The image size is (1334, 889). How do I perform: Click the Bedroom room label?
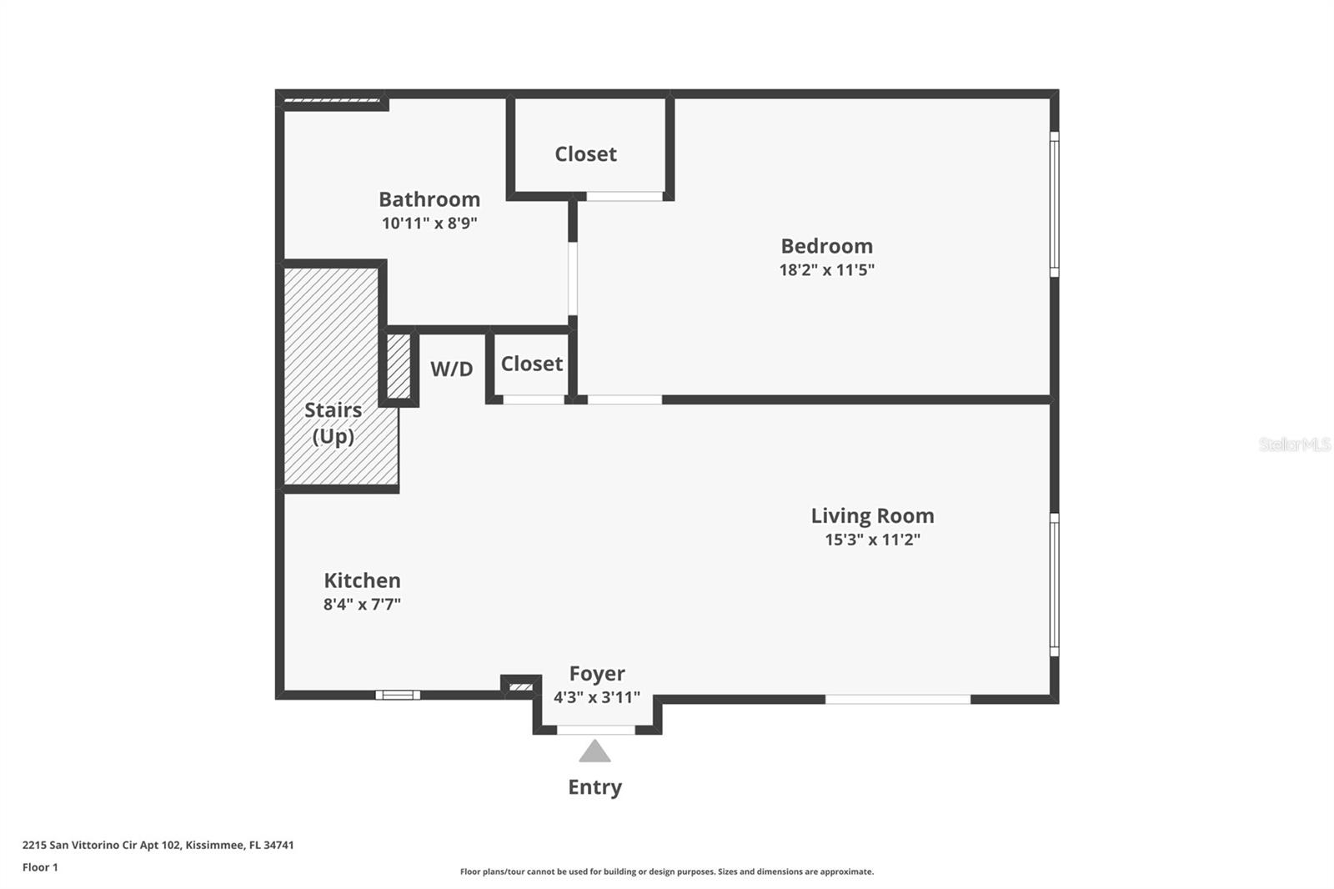[x=826, y=246]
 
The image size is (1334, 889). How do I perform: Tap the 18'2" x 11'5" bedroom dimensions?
[x=826, y=269]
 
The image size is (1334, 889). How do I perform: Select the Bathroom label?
[x=429, y=199]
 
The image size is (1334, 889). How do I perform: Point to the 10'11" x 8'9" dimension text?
[x=429, y=223]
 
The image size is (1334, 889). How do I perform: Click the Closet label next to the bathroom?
[x=585, y=154]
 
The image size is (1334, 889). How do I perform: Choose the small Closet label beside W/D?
[x=531, y=364]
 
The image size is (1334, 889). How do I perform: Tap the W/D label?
[x=451, y=369]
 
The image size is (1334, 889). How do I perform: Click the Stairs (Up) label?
[x=333, y=423]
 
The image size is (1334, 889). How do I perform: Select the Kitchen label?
[x=362, y=580]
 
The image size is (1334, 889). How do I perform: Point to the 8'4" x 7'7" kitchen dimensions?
[x=362, y=604]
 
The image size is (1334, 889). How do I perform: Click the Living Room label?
[x=872, y=515]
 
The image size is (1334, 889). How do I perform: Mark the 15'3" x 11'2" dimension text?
[x=872, y=539]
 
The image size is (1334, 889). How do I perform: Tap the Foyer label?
[x=597, y=673]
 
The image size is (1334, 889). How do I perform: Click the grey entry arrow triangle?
[x=594, y=752]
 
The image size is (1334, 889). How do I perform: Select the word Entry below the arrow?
[x=594, y=786]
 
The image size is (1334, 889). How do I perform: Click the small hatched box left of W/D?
[x=399, y=366]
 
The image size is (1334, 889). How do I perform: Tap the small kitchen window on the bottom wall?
[x=397, y=695]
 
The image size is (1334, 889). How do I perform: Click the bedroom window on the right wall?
[x=1054, y=204]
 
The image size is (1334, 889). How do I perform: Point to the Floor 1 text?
[x=40, y=867]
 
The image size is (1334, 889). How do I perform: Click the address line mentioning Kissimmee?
[x=158, y=845]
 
